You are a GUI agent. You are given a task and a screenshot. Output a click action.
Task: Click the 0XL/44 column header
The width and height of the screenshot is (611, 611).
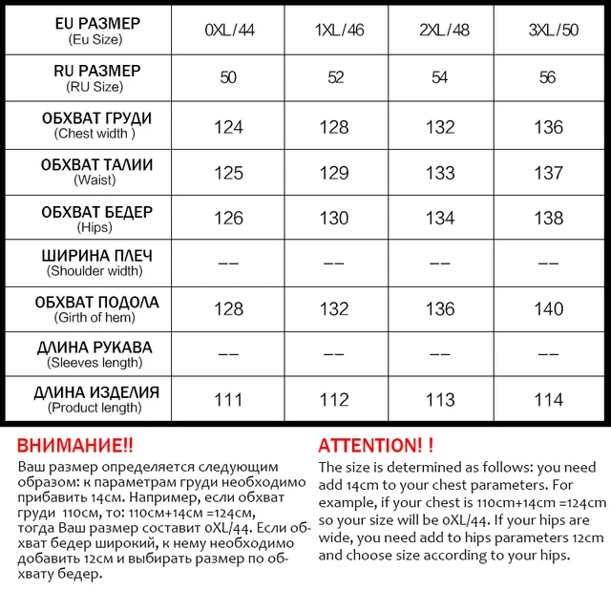click(x=228, y=30)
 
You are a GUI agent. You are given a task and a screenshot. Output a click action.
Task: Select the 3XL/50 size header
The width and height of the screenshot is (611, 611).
click(x=547, y=30)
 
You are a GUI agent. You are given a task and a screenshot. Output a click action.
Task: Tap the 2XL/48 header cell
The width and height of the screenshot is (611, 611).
click(x=440, y=30)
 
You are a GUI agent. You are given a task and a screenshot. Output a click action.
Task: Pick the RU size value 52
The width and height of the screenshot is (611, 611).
click(x=336, y=77)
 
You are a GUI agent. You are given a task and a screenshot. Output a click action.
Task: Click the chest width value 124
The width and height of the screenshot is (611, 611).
click(x=228, y=127)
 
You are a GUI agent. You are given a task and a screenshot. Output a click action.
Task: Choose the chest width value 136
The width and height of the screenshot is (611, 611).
click(x=548, y=127)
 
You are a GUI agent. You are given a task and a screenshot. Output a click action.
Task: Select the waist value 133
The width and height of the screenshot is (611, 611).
click(x=440, y=173)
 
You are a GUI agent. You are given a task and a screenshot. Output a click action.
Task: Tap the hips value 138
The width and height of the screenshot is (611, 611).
click(x=548, y=219)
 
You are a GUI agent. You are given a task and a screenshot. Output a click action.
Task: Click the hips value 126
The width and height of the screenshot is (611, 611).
click(x=228, y=219)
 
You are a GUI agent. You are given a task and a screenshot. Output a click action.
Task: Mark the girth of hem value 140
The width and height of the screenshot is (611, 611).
click(x=548, y=309)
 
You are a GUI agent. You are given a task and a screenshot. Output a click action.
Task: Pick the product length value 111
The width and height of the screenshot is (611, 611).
click(x=228, y=400)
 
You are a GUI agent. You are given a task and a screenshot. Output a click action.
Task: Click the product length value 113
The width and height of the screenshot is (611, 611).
click(x=440, y=400)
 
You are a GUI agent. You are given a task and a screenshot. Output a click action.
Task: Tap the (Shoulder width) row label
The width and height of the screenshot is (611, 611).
click(x=95, y=271)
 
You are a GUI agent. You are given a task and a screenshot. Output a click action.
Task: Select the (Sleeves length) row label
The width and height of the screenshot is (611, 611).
click(x=95, y=362)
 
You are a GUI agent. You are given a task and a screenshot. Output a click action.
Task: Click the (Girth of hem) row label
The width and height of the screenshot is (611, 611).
click(x=95, y=317)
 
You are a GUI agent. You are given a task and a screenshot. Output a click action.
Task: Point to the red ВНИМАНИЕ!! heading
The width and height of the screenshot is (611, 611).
click(x=75, y=446)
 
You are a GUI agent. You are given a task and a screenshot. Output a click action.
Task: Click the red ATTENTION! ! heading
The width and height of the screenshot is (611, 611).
click(x=375, y=446)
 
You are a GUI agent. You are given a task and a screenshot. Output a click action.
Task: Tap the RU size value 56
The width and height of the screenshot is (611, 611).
click(x=547, y=77)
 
